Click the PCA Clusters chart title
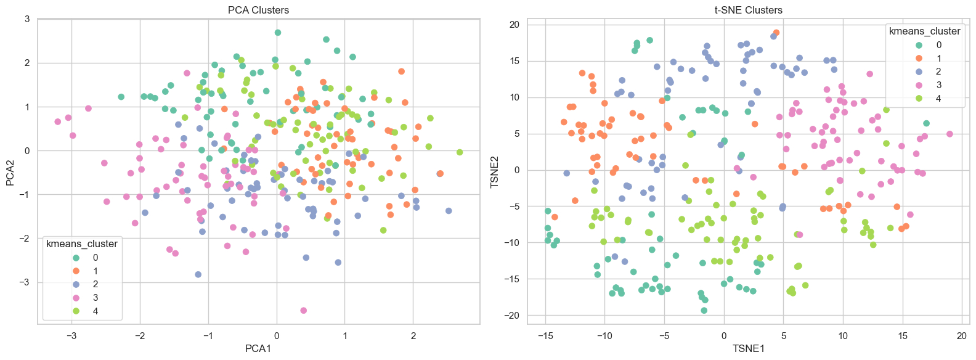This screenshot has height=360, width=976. [x=258, y=10]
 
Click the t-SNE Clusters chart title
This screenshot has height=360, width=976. [x=748, y=10]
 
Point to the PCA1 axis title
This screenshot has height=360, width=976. [x=258, y=349]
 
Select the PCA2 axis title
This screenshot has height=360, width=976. [x=10, y=173]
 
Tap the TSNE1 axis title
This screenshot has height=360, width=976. [x=748, y=349]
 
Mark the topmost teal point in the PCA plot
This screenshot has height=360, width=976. [x=278, y=33]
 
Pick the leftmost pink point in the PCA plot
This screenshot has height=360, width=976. [x=58, y=121]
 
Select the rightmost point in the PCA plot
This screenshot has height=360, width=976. [x=460, y=152]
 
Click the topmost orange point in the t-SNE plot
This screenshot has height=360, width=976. [x=776, y=33]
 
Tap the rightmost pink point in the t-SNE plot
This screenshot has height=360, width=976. [x=950, y=134]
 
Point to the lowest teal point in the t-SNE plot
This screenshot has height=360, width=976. [x=704, y=311]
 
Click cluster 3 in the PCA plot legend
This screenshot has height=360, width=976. [x=96, y=298]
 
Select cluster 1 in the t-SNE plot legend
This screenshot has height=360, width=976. [x=938, y=58]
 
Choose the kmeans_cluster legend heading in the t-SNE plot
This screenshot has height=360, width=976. [x=924, y=31]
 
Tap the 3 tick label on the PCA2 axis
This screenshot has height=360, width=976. [x=27, y=19]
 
